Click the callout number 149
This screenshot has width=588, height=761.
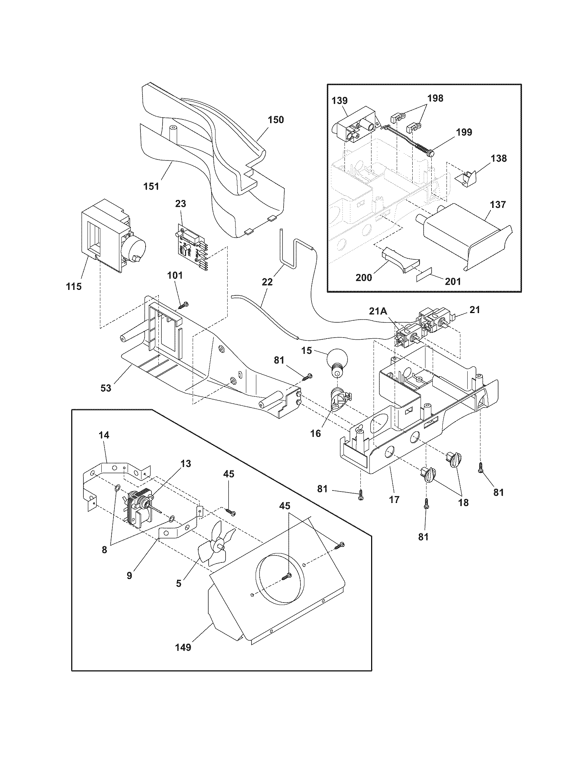(183, 647)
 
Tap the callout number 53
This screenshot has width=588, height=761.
(106, 388)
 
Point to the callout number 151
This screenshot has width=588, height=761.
(151, 186)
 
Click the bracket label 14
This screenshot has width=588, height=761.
(104, 435)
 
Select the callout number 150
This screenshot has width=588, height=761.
(276, 120)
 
